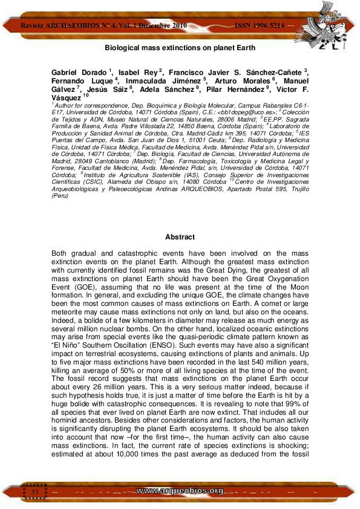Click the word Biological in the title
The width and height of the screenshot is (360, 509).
[x=120, y=47]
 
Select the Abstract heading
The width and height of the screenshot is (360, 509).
[x=180, y=237]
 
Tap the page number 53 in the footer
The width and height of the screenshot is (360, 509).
[x=35, y=493]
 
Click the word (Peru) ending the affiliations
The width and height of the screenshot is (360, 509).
[x=60, y=197]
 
